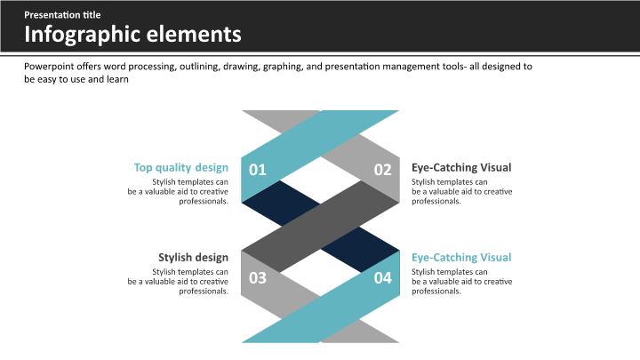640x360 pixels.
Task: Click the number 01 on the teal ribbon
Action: tap(258, 170)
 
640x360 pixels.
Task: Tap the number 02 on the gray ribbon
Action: tap(383, 170)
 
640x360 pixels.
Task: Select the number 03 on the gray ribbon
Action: tap(258, 278)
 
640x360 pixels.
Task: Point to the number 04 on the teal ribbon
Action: tap(383, 278)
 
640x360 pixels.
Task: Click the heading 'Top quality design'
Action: tap(180, 167)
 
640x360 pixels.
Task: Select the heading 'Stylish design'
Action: tap(193, 258)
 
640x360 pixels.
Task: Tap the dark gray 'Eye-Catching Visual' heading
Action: tap(461, 167)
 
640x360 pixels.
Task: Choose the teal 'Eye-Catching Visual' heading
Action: tap(461, 258)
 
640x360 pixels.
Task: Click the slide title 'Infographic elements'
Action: tap(132, 35)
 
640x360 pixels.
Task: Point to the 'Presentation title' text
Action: tap(62, 15)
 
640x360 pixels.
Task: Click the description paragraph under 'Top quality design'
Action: tap(178, 192)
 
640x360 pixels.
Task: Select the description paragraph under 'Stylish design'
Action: tap(178, 282)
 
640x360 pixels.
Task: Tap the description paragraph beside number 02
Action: tap(461, 192)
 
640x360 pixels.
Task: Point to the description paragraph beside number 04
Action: tap(461, 282)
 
